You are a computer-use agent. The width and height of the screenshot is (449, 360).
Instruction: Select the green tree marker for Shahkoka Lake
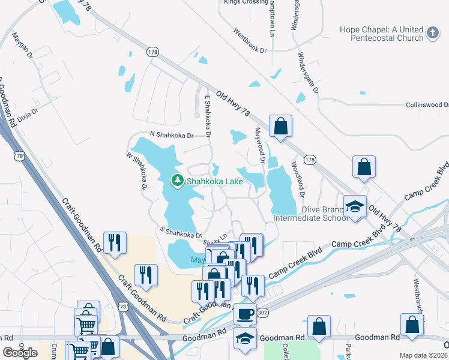[177, 180]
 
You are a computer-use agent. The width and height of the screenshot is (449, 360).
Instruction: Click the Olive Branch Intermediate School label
[310, 214]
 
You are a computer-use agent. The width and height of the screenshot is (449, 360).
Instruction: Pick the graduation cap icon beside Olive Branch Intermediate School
[355, 207]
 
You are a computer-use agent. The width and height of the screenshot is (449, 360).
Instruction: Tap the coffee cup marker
[244, 313]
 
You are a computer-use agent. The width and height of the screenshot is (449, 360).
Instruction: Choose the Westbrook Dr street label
[250, 40]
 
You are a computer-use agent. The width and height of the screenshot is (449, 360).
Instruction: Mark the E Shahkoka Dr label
[208, 118]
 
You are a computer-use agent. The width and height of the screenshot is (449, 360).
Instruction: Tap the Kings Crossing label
[246, 2]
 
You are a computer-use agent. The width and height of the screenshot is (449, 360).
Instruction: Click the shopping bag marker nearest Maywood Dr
[280, 127]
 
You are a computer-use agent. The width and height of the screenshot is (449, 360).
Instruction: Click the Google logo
[20, 353]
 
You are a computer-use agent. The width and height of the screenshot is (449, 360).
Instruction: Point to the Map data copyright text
[423, 355]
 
